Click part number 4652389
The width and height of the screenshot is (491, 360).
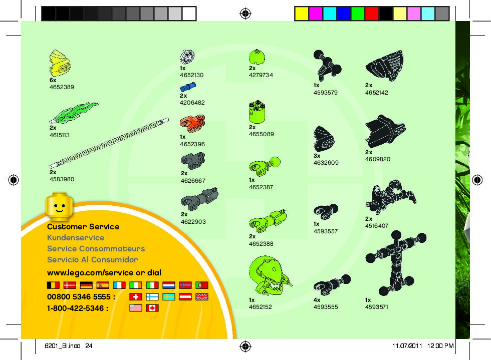click(x=62, y=87)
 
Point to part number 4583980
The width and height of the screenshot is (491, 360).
click(x=62, y=179)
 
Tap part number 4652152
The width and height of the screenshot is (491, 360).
click(x=260, y=307)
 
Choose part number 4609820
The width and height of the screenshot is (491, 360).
click(x=377, y=159)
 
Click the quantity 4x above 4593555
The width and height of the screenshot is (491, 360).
click(x=317, y=299)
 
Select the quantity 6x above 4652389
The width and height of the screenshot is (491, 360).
click(x=53, y=80)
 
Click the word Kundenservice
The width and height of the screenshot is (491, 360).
click(x=76, y=238)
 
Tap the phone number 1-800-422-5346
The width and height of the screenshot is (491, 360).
click(x=78, y=308)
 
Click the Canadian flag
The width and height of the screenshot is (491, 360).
click(x=151, y=308)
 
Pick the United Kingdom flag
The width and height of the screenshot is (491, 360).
click(x=201, y=297)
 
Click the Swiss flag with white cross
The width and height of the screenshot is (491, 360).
click(x=136, y=297)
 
